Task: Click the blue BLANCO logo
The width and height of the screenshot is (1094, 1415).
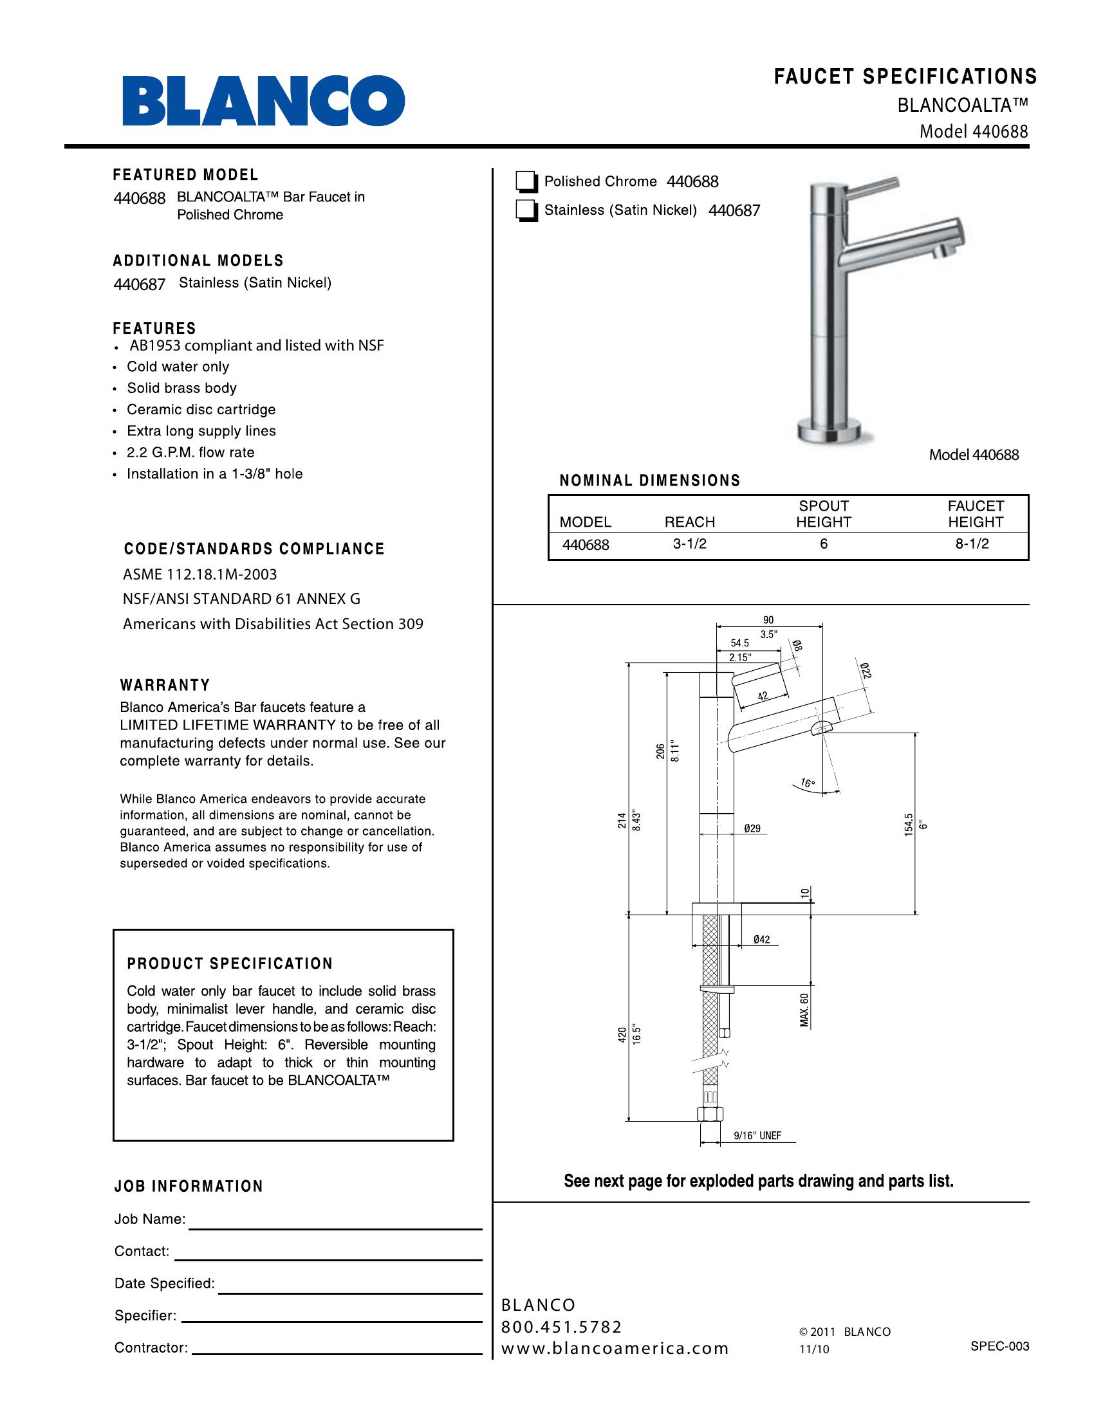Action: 264,101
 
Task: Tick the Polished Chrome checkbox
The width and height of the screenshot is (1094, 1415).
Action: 526,183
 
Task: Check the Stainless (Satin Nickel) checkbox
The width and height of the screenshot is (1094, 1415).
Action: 526,211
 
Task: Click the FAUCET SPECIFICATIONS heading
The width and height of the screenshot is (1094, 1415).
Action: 905,77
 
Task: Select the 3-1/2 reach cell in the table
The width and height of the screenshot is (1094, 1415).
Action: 690,544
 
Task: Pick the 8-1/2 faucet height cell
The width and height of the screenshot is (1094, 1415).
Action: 972,544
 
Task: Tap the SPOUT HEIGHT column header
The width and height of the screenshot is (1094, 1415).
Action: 823,514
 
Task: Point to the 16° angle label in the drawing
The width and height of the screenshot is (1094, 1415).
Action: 807,783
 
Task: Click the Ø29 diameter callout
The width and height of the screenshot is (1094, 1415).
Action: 752,828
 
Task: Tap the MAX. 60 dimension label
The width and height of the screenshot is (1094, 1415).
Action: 804,1009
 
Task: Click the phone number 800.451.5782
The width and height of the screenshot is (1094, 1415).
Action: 561,1328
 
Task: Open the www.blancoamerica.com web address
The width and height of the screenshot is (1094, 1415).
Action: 615,1349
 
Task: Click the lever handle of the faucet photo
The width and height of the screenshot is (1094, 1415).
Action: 875,185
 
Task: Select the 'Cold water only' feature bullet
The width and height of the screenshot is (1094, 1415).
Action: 178,367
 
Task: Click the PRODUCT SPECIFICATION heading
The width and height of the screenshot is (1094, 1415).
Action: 230,964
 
